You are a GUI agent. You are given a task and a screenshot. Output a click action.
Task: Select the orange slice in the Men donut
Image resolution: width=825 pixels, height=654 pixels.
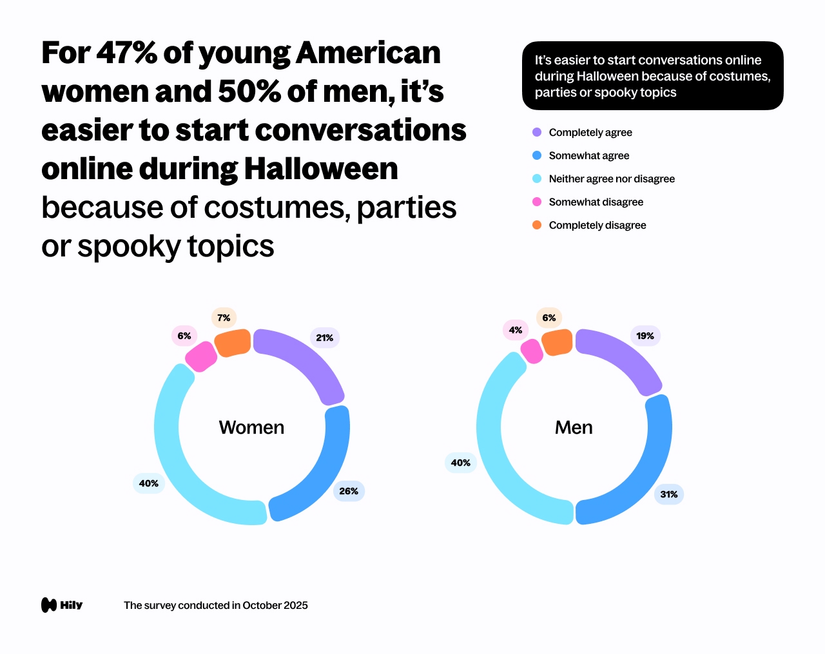coord(557,342)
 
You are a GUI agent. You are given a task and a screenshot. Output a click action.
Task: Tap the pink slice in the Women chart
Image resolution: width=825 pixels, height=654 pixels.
coord(201,356)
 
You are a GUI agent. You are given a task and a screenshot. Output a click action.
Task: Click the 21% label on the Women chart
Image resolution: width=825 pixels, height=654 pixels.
coord(325,338)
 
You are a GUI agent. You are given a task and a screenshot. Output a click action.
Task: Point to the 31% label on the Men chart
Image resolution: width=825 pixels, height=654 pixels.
coord(669,494)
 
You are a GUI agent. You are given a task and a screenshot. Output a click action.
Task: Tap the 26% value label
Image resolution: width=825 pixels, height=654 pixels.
coord(349,491)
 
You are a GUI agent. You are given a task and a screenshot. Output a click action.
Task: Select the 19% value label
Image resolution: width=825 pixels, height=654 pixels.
coord(645,336)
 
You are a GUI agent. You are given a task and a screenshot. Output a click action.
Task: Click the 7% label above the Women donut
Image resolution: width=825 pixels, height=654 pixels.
coord(224,318)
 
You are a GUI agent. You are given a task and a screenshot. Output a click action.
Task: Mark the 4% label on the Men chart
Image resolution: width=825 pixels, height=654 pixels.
coord(516,330)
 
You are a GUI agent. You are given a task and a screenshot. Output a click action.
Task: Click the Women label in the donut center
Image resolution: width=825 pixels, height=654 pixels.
coord(251,427)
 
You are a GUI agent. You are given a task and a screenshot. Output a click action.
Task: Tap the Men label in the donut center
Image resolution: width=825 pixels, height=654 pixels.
coord(574,427)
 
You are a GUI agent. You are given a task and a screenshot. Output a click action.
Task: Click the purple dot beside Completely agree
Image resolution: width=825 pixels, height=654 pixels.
coord(537,132)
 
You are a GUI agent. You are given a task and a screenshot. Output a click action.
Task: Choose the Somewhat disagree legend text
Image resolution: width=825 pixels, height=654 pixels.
coord(596,202)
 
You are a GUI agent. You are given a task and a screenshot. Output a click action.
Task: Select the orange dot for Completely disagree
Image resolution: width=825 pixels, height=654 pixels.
coord(537,225)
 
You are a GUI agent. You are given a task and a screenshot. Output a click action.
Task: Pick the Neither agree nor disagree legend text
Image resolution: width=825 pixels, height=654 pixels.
coord(612,178)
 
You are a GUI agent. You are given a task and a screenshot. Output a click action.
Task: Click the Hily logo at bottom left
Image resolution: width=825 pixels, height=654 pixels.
coord(62,605)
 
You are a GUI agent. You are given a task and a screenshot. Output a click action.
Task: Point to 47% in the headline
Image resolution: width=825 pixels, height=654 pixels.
coord(126,53)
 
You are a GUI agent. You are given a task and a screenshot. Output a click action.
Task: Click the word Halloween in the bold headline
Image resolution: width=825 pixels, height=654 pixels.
coord(320,169)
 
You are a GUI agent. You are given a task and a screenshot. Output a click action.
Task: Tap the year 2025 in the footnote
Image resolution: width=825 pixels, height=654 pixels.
coord(294,605)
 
